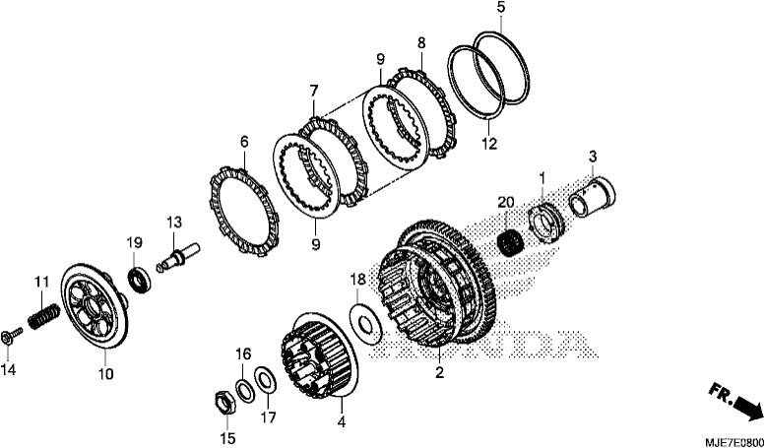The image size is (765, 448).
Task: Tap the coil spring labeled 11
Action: point(44,316)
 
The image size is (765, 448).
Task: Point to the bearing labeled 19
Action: point(139,280)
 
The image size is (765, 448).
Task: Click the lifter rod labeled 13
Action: point(179,255)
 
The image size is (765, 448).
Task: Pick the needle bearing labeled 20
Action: point(509,240)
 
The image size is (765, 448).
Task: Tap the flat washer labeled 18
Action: point(366,325)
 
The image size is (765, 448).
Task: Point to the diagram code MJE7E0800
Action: point(734,441)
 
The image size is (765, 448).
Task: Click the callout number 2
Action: point(439,372)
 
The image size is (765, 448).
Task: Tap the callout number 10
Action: point(105,374)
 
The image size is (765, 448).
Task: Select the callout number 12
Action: point(489,144)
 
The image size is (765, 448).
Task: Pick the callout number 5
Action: point(501,8)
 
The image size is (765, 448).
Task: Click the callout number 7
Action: point(313,91)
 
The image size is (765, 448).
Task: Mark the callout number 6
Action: point(244,142)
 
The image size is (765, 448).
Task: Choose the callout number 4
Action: point(342,421)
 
